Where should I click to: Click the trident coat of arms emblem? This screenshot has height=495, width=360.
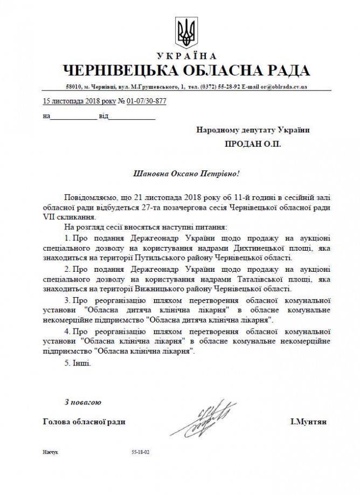pos(187,32)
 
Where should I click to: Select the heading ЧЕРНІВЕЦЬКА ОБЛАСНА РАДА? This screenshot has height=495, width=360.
pos(186,71)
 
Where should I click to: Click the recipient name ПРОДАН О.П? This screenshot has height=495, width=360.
pos(253,144)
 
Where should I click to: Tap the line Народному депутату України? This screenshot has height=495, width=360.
pos(253,130)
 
